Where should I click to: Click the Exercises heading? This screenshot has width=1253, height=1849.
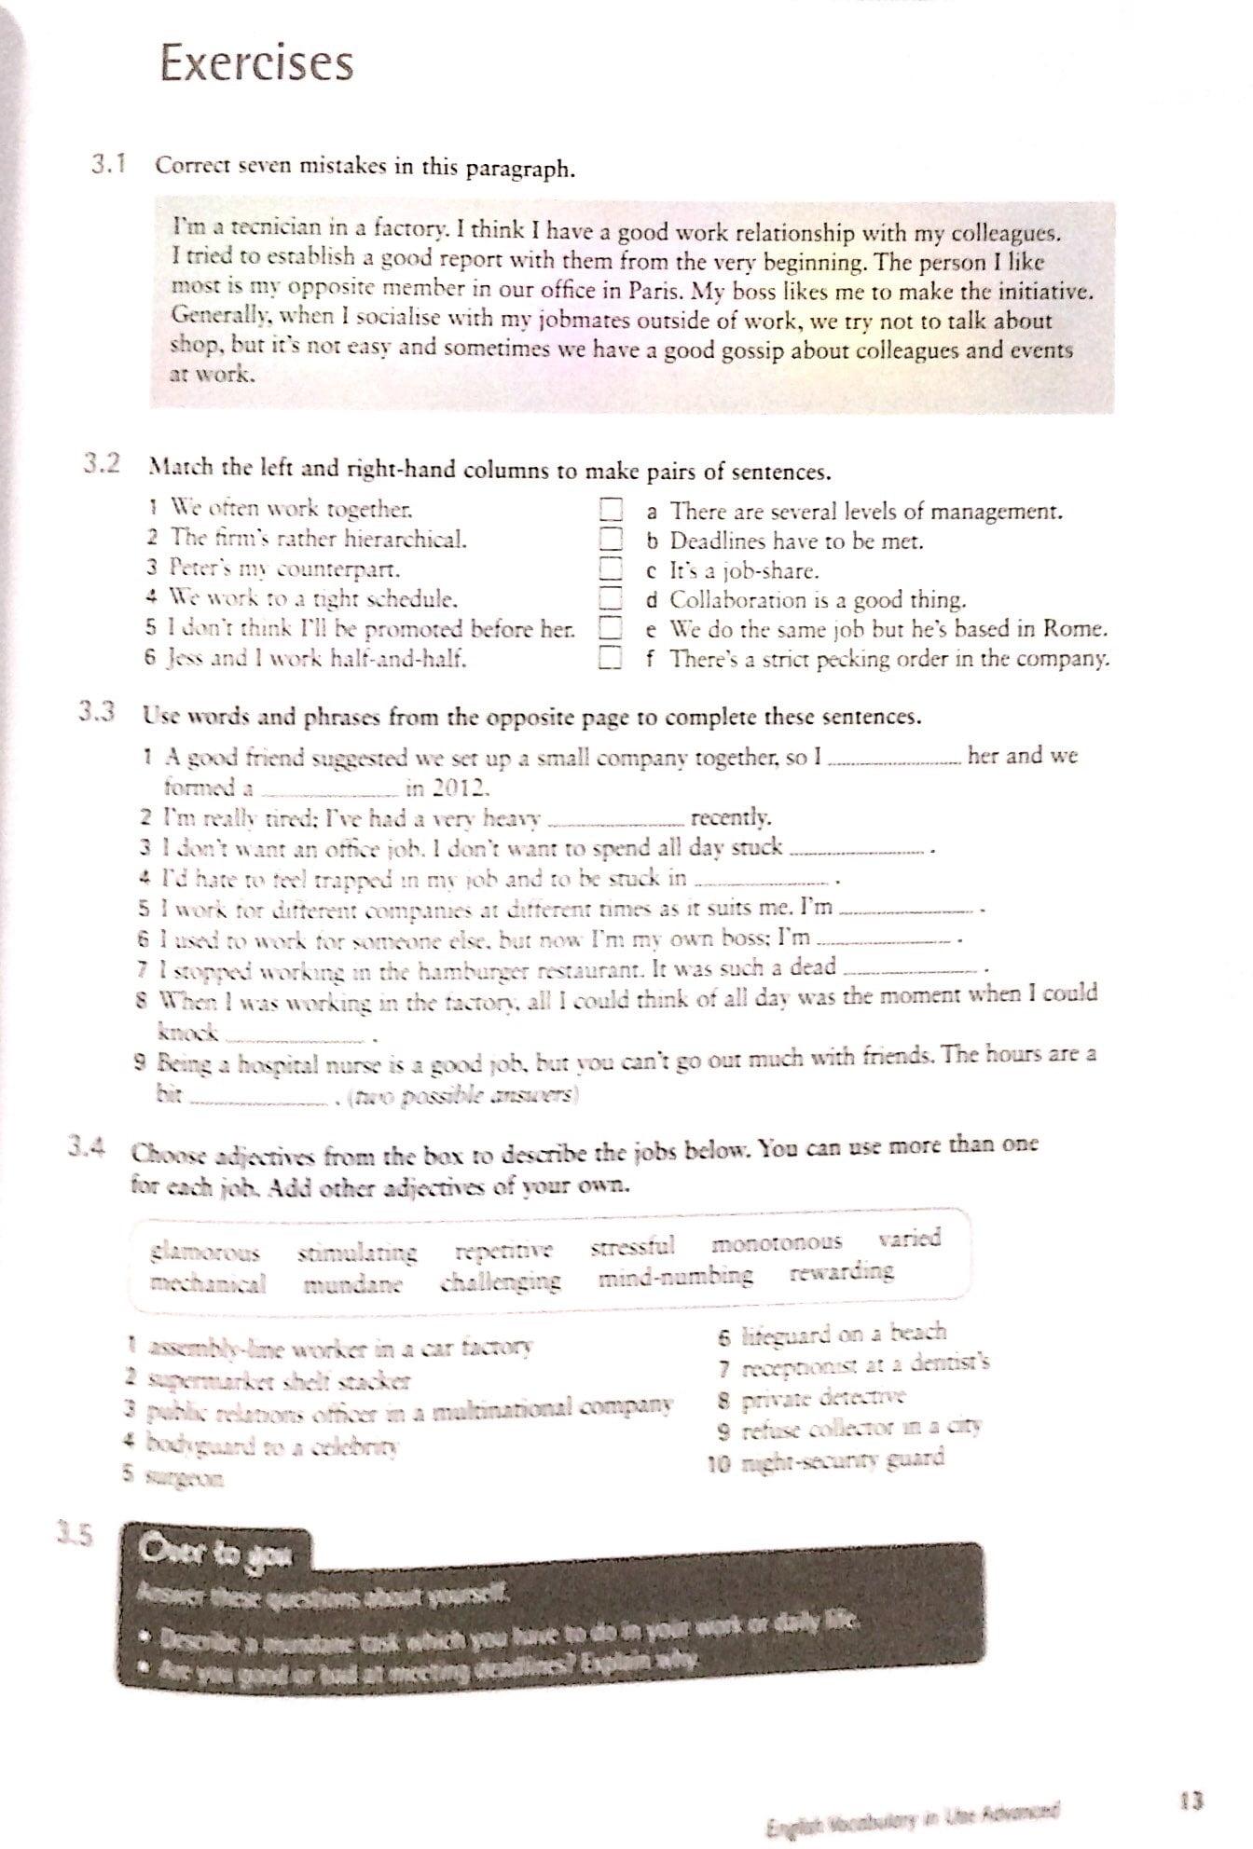pyautogui.click(x=256, y=63)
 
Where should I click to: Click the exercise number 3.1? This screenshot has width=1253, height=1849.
pyautogui.click(x=109, y=166)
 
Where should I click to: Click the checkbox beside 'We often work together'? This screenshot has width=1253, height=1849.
pyautogui.click(x=610, y=509)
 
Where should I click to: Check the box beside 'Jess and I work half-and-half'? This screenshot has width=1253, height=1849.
pyautogui.click(x=610, y=659)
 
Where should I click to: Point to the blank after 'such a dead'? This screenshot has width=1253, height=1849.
pyautogui.click(x=912, y=970)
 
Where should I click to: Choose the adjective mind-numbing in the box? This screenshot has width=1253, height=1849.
pyautogui.click(x=675, y=1276)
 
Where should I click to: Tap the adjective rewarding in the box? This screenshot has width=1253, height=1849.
pyautogui.click(x=841, y=1271)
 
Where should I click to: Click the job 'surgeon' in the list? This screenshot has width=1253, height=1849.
pyautogui.click(x=185, y=1478)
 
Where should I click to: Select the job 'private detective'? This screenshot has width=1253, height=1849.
pyautogui.click(x=824, y=1398)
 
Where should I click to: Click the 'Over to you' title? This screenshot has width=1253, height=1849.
pyautogui.click(x=214, y=1554)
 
